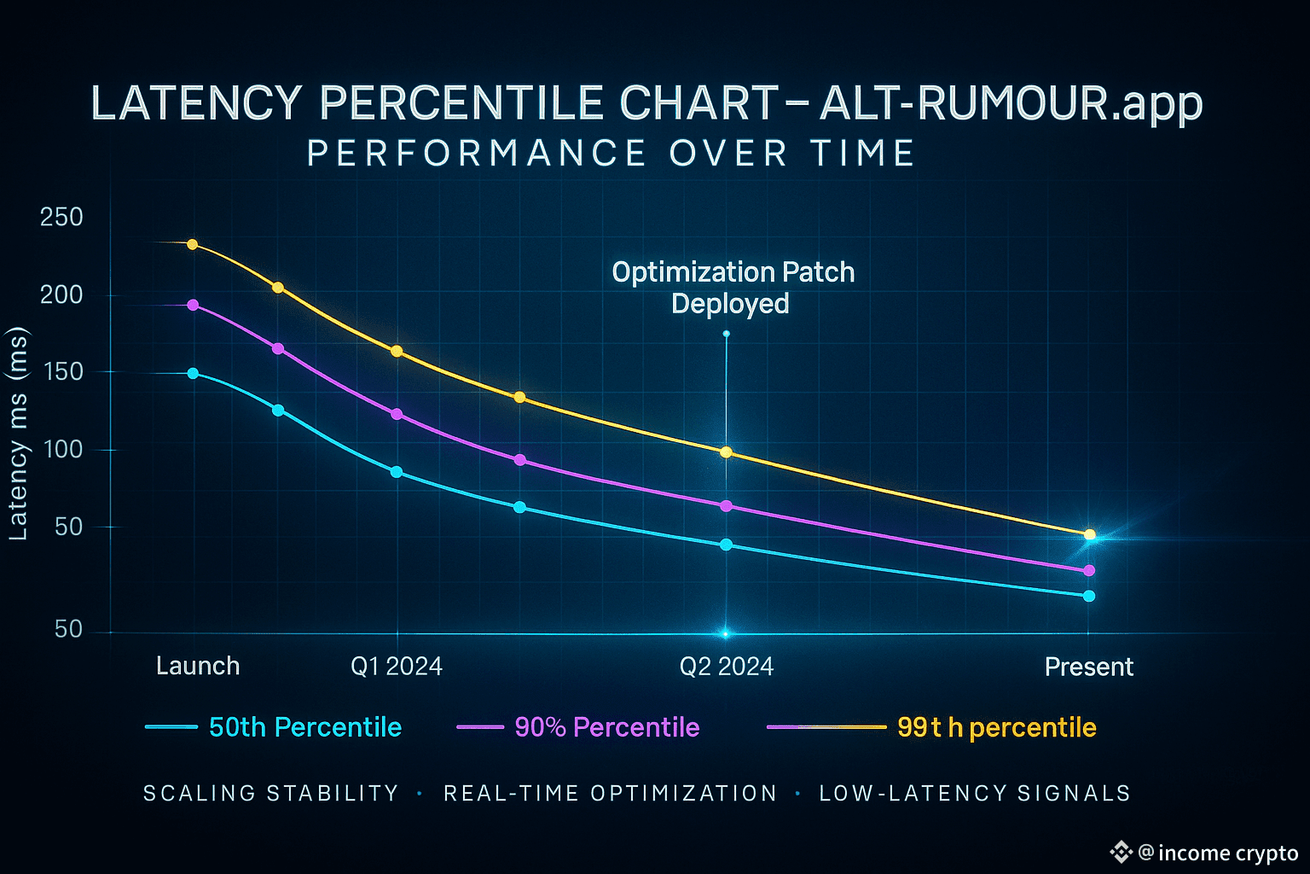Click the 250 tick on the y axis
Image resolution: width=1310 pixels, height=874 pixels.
click(x=61, y=218)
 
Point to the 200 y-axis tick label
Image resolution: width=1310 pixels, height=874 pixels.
click(x=61, y=295)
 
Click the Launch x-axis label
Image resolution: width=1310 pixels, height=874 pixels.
click(x=198, y=666)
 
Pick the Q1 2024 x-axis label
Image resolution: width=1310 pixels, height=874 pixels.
click(x=397, y=667)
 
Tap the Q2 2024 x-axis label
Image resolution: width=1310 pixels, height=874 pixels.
click(x=727, y=667)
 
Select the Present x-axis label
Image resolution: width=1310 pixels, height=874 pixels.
click(x=1089, y=667)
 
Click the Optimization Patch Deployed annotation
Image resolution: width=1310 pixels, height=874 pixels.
click(x=733, y=288)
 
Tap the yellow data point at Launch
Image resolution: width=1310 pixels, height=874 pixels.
click(x=192, y=245)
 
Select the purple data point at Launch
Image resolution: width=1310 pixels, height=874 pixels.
click(x=193, y=305)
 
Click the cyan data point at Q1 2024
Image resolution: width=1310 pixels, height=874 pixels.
click(x=397, y=472)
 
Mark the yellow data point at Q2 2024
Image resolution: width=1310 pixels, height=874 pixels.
click(x=727, y=452)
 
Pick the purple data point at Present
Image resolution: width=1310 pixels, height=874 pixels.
click(x=1088, y=571)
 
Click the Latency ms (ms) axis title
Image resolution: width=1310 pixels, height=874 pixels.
click(x=18, y=434)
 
